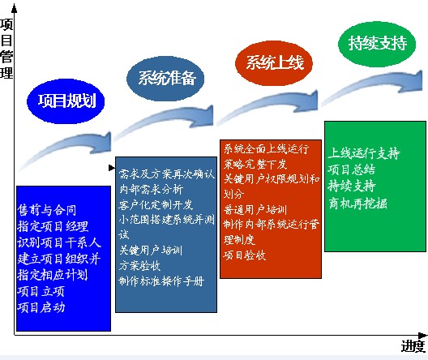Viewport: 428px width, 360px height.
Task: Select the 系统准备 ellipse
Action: [x=166, y=79]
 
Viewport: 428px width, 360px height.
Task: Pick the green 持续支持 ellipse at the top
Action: [x=376, y=43]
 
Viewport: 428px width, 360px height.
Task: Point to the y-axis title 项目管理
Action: [x=6, y=48]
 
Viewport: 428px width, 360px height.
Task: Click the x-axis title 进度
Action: [x=412, y=347]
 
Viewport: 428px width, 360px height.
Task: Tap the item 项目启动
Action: [x=41, y=307]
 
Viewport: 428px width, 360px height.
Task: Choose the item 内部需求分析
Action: [x=151, y=189]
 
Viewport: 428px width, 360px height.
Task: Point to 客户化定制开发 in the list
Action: [x=156, y=204]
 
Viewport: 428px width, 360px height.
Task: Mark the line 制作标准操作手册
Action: [x=160, y=281]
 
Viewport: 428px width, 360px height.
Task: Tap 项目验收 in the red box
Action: [x=245, y=255]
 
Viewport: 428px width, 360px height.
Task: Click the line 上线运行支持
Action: [x=364, y=152]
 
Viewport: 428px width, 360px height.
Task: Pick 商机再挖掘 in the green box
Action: [x=357, y=203]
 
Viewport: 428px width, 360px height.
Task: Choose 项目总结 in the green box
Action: [x=352, y=169]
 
